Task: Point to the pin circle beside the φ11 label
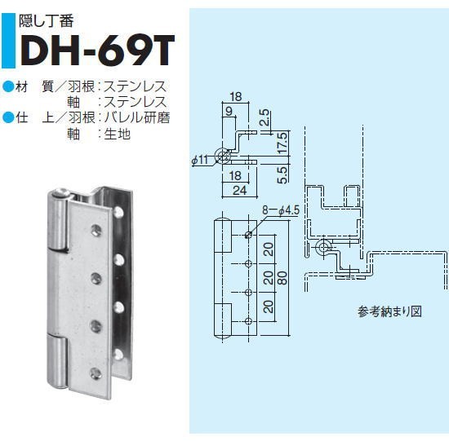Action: pyautogui.click(x=223, y=157)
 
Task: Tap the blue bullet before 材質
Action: pyautogui.click(x=8, y=86)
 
